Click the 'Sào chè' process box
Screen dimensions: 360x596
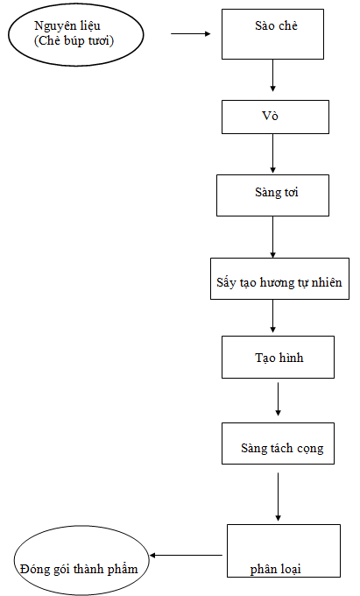(x=272, y=34)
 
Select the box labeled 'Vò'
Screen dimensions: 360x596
(x=275, y=117)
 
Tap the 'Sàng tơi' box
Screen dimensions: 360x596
(x=272, y=195)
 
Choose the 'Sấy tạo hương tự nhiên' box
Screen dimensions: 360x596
(x=280, y=279)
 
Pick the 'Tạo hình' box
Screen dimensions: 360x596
(x=278, y=357)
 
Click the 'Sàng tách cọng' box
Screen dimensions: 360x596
(x=278, y=443)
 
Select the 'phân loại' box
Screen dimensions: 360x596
(x=284, y=550)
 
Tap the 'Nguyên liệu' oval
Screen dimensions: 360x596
(x=76, y=34)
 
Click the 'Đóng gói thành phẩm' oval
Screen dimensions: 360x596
(x=81, y=560)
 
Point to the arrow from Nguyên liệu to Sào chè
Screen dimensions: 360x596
(x=191, y=34)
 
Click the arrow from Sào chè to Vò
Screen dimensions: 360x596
(x=272, y=75)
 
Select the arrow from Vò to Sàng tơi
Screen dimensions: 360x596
(x=272, y=153)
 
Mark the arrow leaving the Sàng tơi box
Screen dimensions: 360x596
(x=272, y=238)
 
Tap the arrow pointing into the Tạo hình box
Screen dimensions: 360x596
(x=272, y=316)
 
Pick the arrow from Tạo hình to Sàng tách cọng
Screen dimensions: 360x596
(x=278, y=399)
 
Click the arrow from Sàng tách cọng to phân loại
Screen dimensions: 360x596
(x=278, y=497)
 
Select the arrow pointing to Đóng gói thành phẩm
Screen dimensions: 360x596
(x=186, y=556)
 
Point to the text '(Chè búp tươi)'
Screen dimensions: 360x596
(x=74, y=40)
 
